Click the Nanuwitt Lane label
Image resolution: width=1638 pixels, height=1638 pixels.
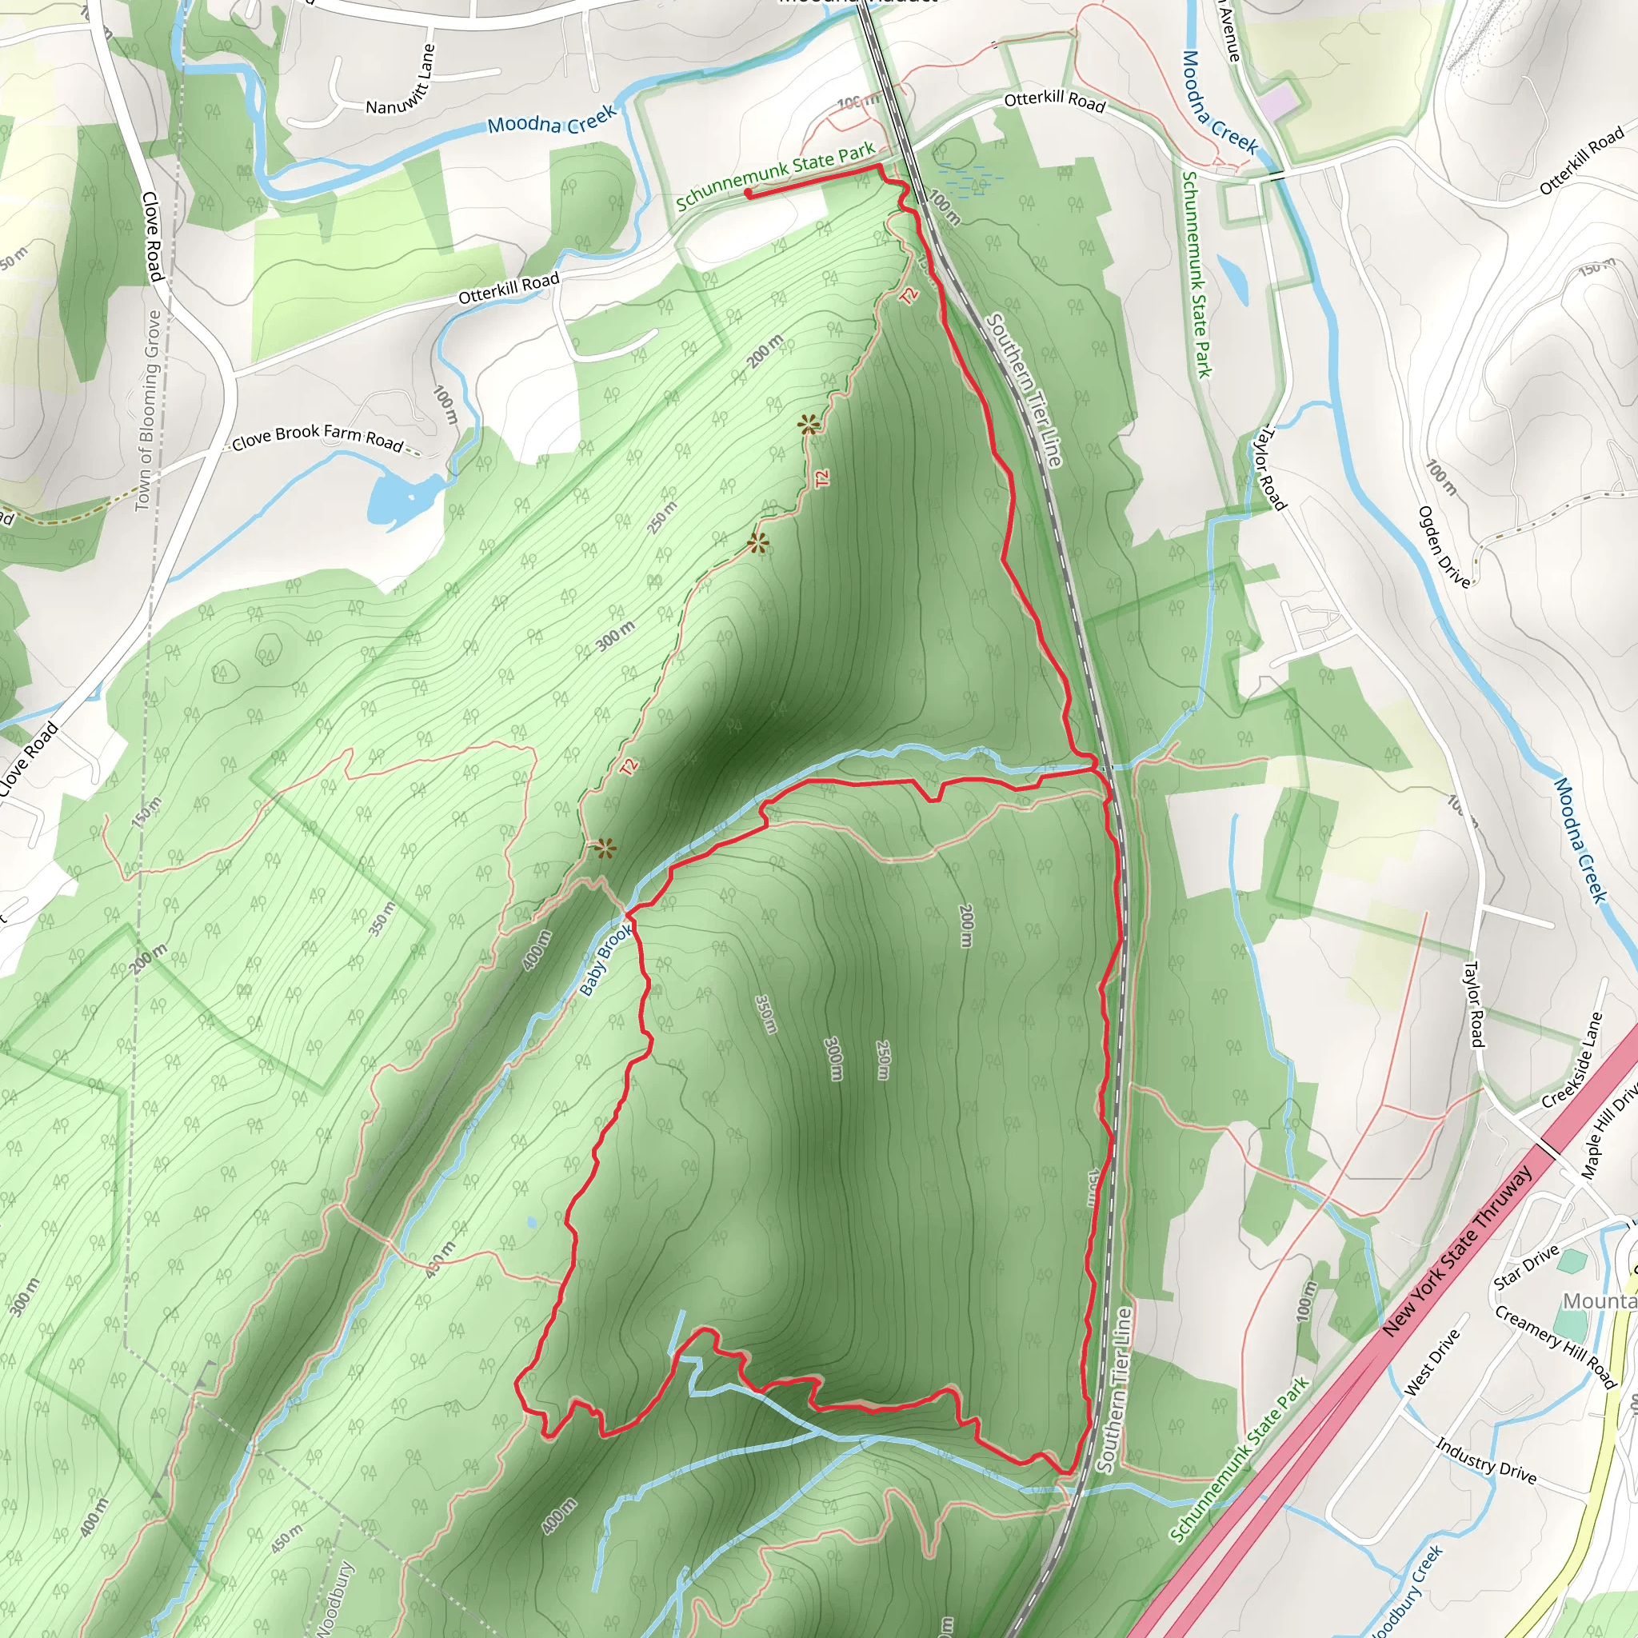click(401, 82)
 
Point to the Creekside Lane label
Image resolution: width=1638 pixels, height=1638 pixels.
click(1573, 1061)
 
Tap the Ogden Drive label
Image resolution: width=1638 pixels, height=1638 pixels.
click(1444, 547)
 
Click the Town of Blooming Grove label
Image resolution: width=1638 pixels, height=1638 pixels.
click(149, 410)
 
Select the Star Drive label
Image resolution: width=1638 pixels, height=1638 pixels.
click(1526, 1267)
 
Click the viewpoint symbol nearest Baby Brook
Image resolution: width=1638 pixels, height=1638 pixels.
click(605, 848)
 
